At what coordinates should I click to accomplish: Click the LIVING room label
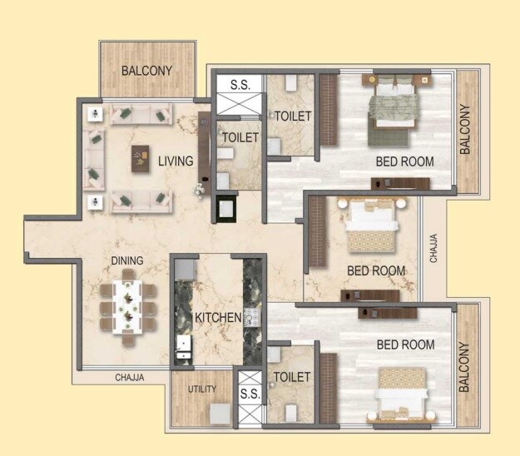[176, 161]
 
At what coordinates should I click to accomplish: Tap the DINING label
[127, 260]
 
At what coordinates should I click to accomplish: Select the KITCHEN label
[218, 318]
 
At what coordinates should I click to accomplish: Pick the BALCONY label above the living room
[146, 71]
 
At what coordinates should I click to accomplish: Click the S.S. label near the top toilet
[239, 84]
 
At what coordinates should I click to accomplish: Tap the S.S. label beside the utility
[249, 394]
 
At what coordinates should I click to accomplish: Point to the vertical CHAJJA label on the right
[433, 248]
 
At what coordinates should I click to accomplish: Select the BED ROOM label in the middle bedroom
[376, 270]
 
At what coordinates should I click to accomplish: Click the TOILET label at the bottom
[291, 378]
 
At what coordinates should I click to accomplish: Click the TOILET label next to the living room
[240, 137]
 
